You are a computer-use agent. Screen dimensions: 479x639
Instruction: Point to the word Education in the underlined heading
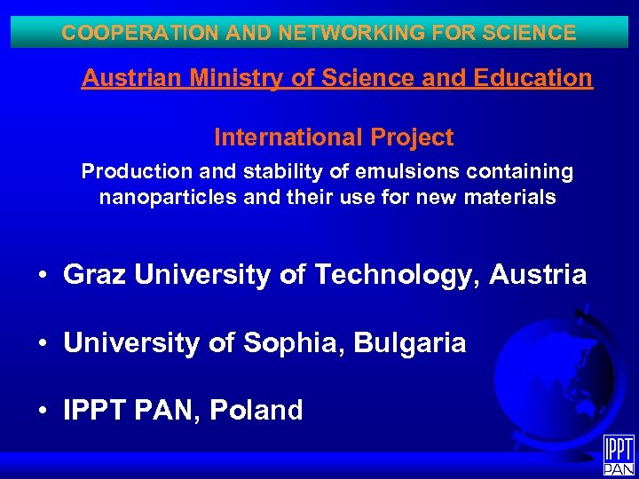[535, 78]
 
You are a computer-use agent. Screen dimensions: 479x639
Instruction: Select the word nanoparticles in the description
[168, 197]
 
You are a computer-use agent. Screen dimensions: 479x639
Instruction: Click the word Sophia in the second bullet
[295, 343]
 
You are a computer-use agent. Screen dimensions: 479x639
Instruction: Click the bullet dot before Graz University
[43, 276]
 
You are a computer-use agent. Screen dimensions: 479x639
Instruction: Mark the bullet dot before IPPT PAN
[43, 412]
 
